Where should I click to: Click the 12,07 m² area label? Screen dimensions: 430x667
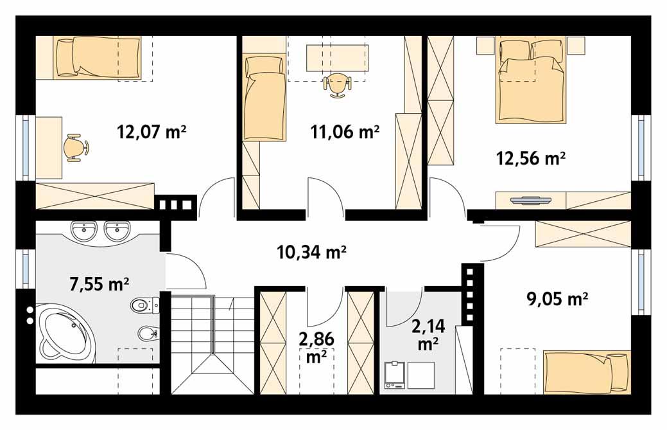152,132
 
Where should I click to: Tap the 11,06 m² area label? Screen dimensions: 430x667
345,132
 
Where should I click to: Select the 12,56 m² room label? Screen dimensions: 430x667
531,157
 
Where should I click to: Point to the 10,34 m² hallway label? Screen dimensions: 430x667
312,253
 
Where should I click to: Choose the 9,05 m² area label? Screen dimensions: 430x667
557,299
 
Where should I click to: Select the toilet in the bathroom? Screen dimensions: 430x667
143,304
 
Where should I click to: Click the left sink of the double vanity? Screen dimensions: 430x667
83,230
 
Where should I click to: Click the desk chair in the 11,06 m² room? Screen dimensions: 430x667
338,84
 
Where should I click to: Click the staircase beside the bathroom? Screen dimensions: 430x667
212,344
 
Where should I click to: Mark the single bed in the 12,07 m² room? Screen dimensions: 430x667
98,57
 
